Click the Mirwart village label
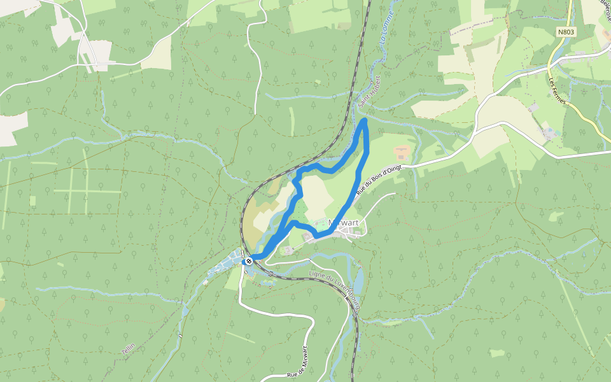(344, 223)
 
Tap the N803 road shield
(565, 31)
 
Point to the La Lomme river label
(386, 26)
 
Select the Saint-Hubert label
(369, 93)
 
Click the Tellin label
(128, 348)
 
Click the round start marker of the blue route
(249, 260)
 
